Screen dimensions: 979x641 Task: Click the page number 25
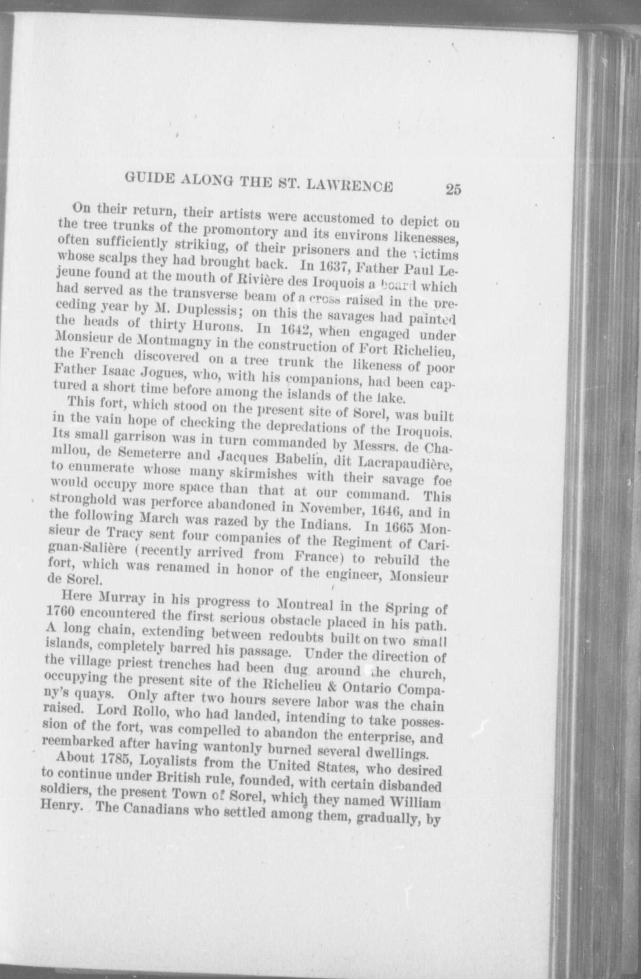pos(453,189)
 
